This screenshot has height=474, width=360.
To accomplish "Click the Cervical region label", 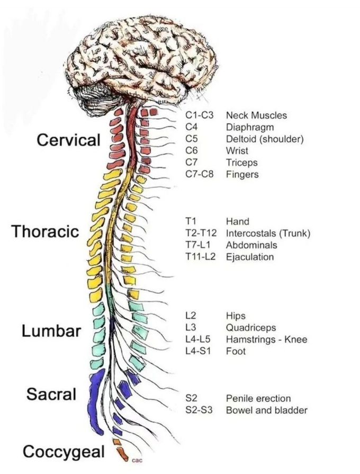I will [68, 140].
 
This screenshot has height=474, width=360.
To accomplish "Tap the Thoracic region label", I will [53, 231].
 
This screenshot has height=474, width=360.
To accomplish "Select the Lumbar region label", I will [51, 331].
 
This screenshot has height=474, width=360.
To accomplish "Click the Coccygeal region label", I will [63, 452].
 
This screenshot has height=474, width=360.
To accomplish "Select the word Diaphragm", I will [250, 127].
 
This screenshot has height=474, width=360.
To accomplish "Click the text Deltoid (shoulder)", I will [265, 139].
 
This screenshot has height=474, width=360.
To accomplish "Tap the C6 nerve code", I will [192, 150].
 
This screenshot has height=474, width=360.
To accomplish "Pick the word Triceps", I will [242, 163].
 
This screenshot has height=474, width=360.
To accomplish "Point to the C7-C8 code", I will [200, 174].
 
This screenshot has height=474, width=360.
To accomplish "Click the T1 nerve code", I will [191, 221].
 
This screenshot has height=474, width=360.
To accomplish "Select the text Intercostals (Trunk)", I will [268, 234].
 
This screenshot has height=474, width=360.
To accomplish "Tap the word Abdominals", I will [251, 245].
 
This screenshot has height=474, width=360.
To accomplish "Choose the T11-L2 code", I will [200, 257].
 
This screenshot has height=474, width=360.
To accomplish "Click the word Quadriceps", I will [251, 327].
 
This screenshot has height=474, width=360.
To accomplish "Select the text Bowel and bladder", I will [266, 410].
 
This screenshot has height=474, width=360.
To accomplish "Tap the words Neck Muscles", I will [256, 115].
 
